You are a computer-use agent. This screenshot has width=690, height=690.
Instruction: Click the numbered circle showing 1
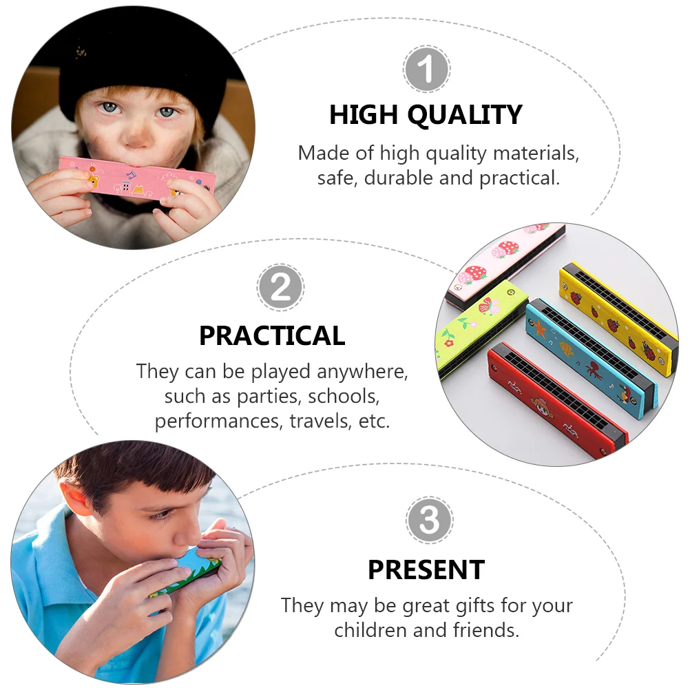[426, 69]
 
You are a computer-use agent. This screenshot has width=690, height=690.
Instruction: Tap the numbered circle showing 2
[280, 287]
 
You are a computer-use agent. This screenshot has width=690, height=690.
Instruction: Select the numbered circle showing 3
[429, 520]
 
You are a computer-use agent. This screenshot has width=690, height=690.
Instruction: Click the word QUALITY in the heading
[465, 115]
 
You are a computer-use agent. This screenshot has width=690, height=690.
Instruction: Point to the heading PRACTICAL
[272, 336]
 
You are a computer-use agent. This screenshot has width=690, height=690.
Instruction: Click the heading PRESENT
[426, 570]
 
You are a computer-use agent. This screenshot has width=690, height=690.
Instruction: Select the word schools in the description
[343, 397]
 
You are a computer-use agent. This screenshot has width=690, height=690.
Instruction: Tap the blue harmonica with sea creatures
[592, 357]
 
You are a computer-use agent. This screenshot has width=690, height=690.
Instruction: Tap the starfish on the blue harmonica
[539, 328]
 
